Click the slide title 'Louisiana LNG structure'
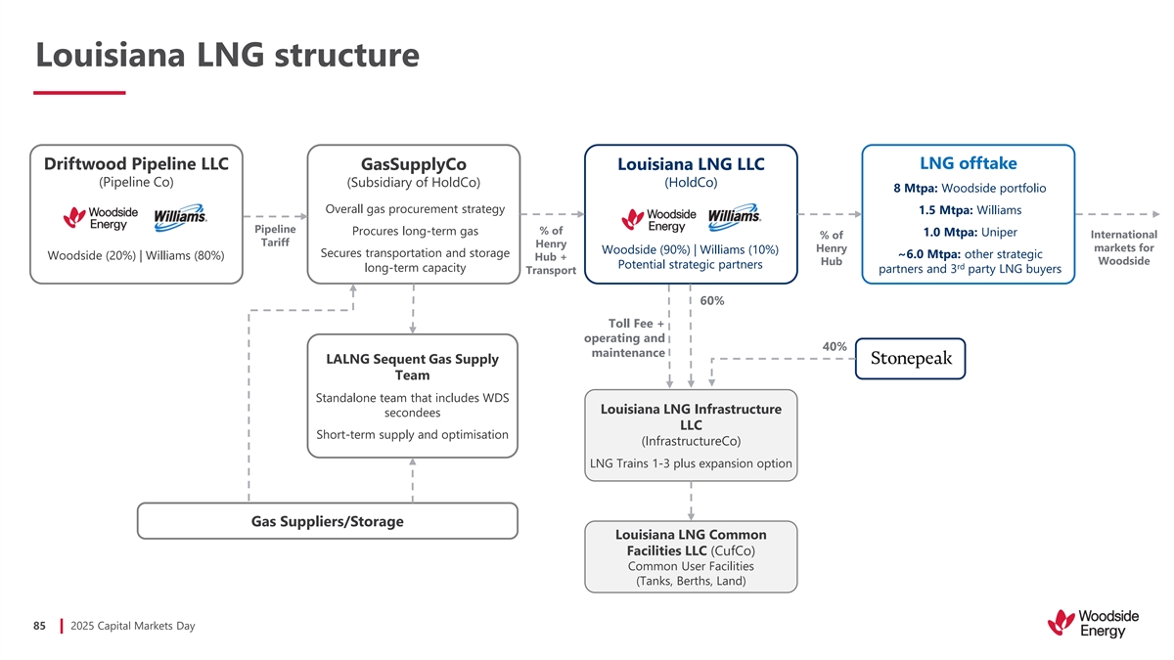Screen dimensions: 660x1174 tap(227, 55)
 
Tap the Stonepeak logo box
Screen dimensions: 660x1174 tap(910, 359)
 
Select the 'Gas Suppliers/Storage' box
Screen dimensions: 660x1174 tap(327, 521)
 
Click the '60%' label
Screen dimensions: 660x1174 tap(712, 300)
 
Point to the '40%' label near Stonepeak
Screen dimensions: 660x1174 tap(835, 346)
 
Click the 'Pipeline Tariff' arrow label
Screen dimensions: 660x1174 tap(275, 236)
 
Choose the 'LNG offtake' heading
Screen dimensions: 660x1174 tap(969, 162)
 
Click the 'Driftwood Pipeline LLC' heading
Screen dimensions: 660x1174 tap(136, 163)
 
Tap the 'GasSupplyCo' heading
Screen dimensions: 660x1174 tap(413, 164)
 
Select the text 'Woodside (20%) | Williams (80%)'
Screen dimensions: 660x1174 tap(136, 256)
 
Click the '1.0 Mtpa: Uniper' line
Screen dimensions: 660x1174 tap(970, 232)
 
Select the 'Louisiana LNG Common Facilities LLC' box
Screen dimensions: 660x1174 tap(691, 557)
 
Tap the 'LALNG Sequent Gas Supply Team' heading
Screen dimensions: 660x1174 tap(412, 367)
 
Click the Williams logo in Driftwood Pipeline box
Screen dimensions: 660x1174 tap(180, 218)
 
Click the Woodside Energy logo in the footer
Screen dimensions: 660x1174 tap(1093, 624)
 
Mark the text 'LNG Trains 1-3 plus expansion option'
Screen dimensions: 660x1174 tap(691, 463)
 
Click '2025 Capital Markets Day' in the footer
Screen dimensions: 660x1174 tap(133, 626)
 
